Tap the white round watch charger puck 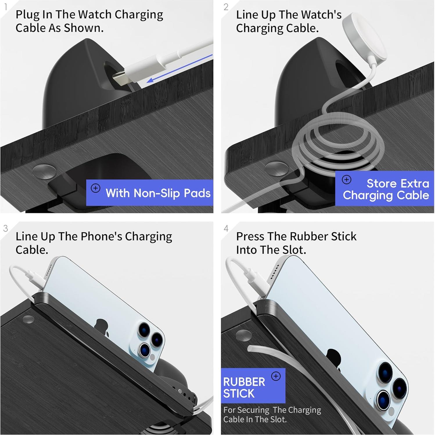(364, 36)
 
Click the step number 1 (6, 7)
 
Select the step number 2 (226, 7)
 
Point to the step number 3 (6, 228)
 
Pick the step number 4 (226, 229)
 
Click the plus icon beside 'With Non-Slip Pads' (96, 188)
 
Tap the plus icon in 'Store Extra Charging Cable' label (346, 179)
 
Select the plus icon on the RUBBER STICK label (276, 376)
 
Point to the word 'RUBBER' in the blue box (244, 382)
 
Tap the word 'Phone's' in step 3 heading (101, 236)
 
